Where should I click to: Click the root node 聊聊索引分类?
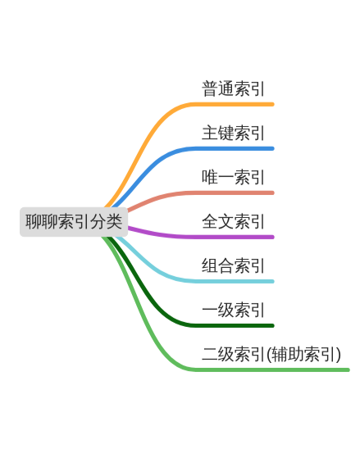click(x=74, y=222)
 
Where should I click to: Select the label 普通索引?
click(x=233, y=88)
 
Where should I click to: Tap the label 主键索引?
click(x=233, y=133)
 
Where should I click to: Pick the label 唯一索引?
click(x=233, y=177)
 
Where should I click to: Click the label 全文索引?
click(x=233, y=221)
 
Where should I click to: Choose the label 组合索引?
click(x=233, y=265)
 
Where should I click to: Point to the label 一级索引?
click(x=233, y=310)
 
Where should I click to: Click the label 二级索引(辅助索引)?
click(x=271, y=354)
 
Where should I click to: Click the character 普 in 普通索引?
click(x=210, y=88)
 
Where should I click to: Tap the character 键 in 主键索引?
click(x=226, y=133)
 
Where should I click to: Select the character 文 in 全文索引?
click(x=226, y=221)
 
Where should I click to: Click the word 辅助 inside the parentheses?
click(x=287, y=354)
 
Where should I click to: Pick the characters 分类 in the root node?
click(x=107, y=222)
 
